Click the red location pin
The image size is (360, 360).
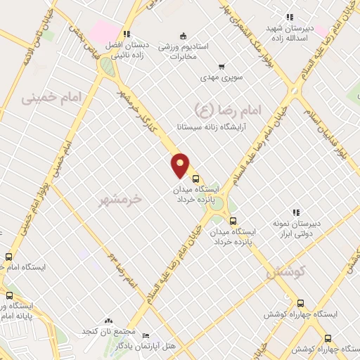pyautogui.click(x=181, y=165)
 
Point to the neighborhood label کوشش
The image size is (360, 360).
pyautogui.click(x=285, y=273)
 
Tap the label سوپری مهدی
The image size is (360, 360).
pyautogui.click(x=221, y=79)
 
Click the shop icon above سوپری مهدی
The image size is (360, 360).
pyautogui.click(x=221, y=67)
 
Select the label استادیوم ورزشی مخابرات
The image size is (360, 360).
pyautogui.click(x=183, y=51)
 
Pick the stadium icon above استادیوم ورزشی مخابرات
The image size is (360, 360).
pyautogui.click(x=183, y=35)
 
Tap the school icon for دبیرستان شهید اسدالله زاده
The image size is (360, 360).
pyautogui.click(x=289, y=18)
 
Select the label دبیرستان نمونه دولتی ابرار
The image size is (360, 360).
pyautogui.click(x=296, y=227)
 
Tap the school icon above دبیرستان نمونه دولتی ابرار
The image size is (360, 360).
pyautogui.click(x=296, y=212)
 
